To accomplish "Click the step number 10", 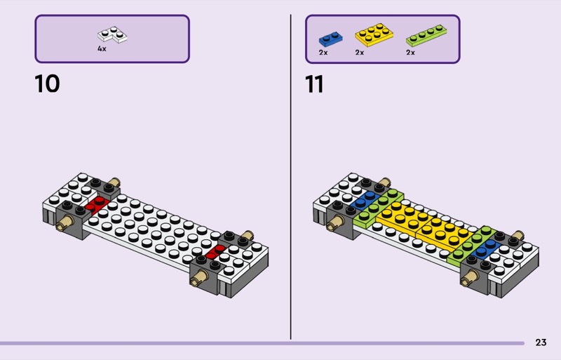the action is point(47,84).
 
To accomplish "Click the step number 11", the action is point(314,84).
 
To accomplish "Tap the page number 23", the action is point(541,342).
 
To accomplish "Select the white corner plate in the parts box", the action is point(112,34).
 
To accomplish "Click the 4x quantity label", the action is point(102,48).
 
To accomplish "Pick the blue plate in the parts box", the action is point(330,39).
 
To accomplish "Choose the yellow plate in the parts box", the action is point(374,35).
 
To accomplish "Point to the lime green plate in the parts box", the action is point(426,35).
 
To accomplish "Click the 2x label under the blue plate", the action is point(323,53).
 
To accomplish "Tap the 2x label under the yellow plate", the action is point(360,53).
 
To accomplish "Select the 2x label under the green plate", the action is point(410,53).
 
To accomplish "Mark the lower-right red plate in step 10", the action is point(216,251).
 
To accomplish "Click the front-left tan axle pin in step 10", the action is point(64,223).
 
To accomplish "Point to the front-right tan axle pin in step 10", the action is point(199,277).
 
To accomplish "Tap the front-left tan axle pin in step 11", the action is point(335,223).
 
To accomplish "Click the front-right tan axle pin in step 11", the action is point(469,278).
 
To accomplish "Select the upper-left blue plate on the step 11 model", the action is point(365,200).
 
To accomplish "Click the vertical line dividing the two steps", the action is point(290,177).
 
